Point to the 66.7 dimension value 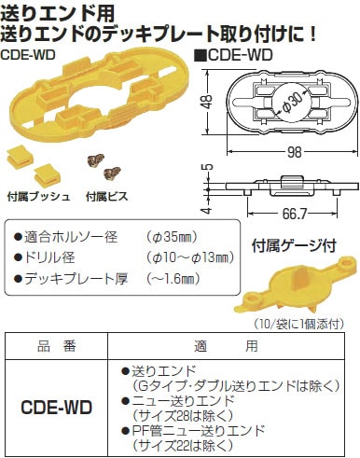point(270,214)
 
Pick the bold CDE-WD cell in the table point(59,407)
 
